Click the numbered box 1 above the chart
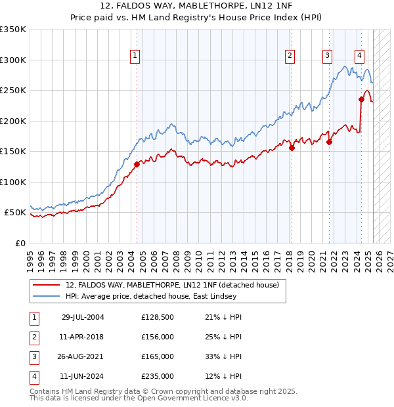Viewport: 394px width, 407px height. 135,56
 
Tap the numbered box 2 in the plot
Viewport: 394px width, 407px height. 290,56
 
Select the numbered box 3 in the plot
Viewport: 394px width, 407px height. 326,56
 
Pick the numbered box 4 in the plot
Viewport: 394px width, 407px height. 359,56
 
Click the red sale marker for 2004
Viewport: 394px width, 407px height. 137,164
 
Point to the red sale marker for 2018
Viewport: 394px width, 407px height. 292,148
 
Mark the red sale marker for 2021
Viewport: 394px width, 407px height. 330,142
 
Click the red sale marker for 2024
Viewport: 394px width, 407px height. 361,100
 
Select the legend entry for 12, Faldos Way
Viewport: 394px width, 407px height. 172,285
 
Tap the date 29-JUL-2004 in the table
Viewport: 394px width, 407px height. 83,317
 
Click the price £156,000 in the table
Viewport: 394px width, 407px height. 158,337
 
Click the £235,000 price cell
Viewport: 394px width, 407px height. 158,376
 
